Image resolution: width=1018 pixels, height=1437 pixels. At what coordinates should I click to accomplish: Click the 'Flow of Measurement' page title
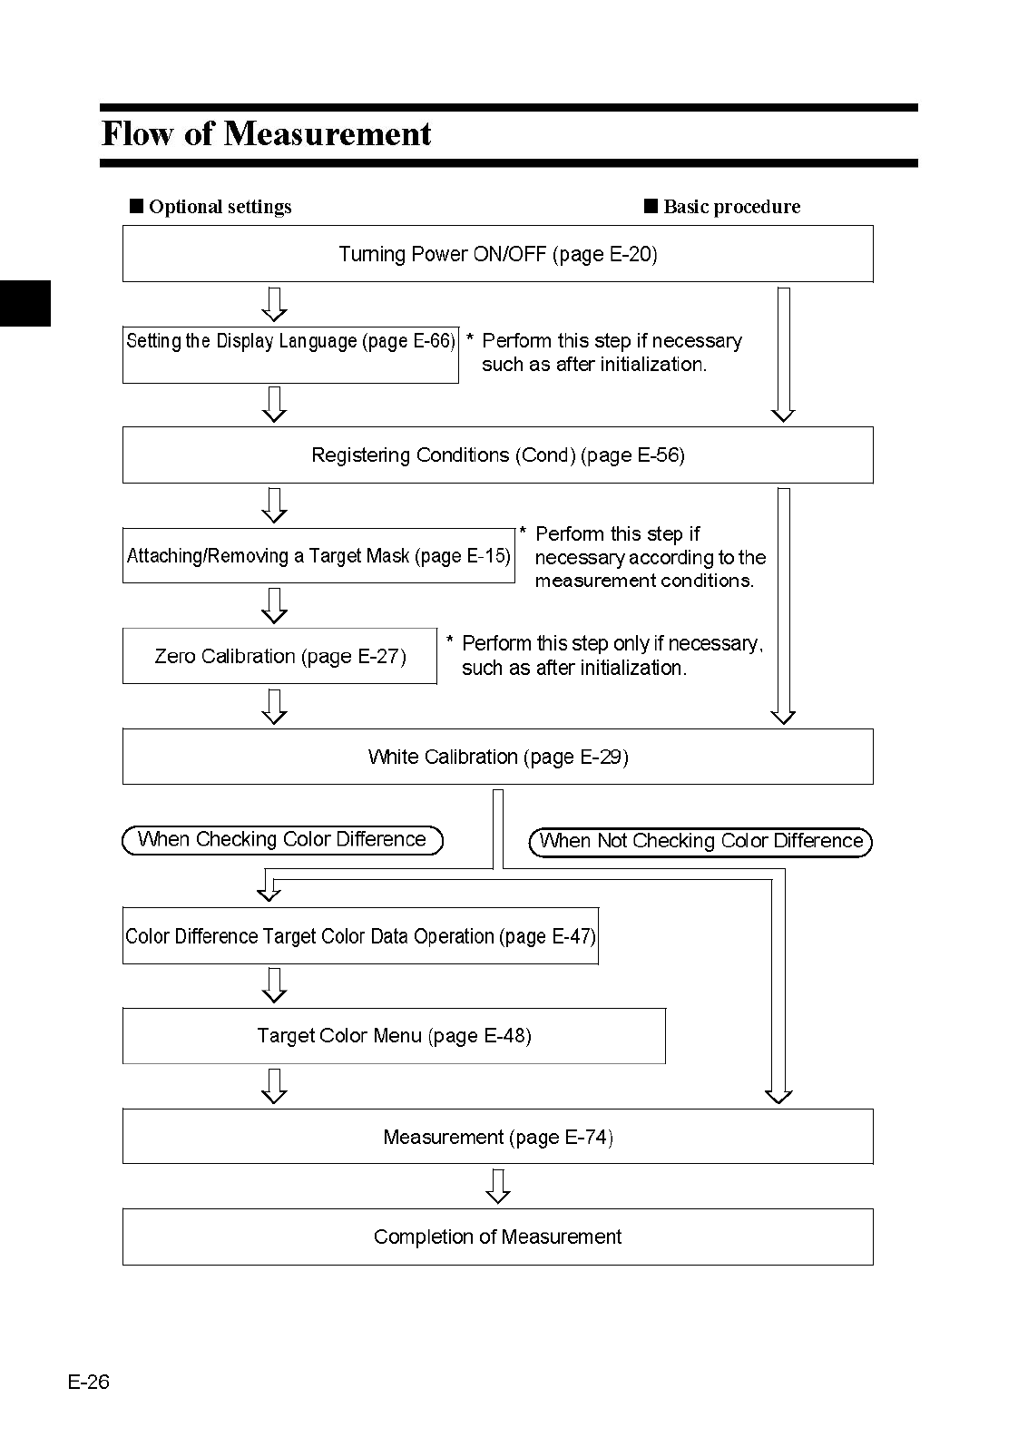click(266, 134)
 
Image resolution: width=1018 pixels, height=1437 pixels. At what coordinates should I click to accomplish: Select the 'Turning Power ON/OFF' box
click(497, 254)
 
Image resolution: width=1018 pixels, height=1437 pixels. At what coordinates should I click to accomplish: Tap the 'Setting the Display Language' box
click(290, 354)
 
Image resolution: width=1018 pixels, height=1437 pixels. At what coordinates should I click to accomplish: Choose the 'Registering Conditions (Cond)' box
click(497, 455)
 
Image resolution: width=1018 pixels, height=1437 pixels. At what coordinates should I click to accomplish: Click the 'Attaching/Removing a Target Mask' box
click(318, 555)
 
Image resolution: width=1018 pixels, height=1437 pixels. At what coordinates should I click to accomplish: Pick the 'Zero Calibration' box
click(279, 656)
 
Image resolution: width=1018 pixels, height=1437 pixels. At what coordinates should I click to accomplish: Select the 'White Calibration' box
click(497, 757)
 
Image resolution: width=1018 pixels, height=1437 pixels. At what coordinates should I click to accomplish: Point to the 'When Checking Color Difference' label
click(282, 840)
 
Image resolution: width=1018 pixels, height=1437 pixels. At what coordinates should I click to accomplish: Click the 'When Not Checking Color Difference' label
click(700, 842)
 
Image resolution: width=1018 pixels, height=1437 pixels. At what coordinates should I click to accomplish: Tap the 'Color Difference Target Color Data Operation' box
click(360, 936)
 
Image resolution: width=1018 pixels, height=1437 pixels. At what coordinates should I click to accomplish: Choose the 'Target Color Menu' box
click(394, 1036)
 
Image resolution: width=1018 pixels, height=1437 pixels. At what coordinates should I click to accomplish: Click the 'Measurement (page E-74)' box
click(497, 1137)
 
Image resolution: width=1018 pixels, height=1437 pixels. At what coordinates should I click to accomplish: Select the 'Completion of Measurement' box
click(497, 1237)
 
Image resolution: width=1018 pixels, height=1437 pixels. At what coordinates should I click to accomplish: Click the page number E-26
click(88, 1382)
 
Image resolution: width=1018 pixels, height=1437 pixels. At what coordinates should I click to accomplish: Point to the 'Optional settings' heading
click(211, 207)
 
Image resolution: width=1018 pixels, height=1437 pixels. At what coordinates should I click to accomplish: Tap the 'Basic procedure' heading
click(723, 207)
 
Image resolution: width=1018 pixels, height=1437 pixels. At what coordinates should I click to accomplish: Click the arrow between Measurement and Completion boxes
click(497, 1186)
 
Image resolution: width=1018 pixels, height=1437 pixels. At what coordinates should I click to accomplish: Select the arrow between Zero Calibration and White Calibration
click(274, 707)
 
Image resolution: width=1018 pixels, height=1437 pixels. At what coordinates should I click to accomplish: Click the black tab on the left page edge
click(24, 303)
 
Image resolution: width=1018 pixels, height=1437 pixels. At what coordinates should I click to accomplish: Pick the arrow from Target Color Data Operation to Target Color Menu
click(274, 985)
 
